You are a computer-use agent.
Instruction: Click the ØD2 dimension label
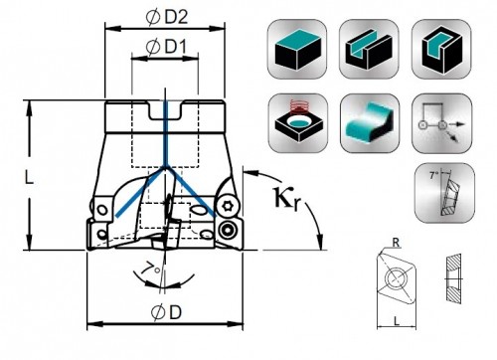tap(167, 17)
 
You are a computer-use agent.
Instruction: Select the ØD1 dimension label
tap(166, 47)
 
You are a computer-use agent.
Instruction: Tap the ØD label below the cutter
tap(166, 312)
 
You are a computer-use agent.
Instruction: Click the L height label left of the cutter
tap(30, 179)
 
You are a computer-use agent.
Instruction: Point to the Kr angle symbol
tap(287, 199)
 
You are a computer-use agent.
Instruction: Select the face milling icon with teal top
tap(297, 49)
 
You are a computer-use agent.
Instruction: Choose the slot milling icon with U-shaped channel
tap(369, 49)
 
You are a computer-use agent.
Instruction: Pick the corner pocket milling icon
tap(441, 49)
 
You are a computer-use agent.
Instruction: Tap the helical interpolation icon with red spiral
tap(298, 123)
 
